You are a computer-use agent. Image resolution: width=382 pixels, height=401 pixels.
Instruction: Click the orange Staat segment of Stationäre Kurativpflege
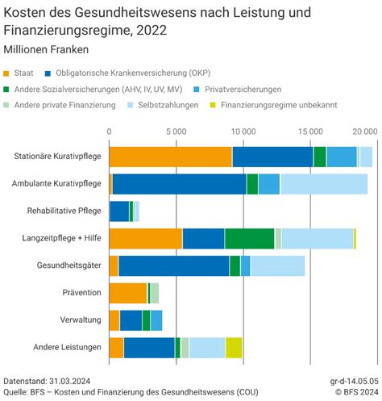click(x=170, y=157)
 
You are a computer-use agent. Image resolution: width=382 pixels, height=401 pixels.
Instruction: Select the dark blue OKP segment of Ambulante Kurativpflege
click(x=179, y=184)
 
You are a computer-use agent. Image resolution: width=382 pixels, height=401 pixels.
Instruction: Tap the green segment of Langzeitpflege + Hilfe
click(x=249, y=238)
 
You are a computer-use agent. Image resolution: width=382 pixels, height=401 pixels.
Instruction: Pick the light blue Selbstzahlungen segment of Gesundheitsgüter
click(x=277, y=265)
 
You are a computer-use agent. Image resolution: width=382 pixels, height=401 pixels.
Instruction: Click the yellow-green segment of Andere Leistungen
click(x=234, y=347)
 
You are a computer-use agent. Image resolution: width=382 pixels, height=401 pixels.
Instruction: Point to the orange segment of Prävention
click(x=127, y=292)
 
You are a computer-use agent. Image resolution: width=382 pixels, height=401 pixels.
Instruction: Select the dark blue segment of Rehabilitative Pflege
click(x=118, y=211)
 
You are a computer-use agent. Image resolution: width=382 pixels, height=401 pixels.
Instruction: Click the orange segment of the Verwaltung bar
click(x=114, y=320)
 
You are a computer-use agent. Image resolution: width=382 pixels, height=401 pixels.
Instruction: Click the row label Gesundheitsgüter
click(x=69, y=265)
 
